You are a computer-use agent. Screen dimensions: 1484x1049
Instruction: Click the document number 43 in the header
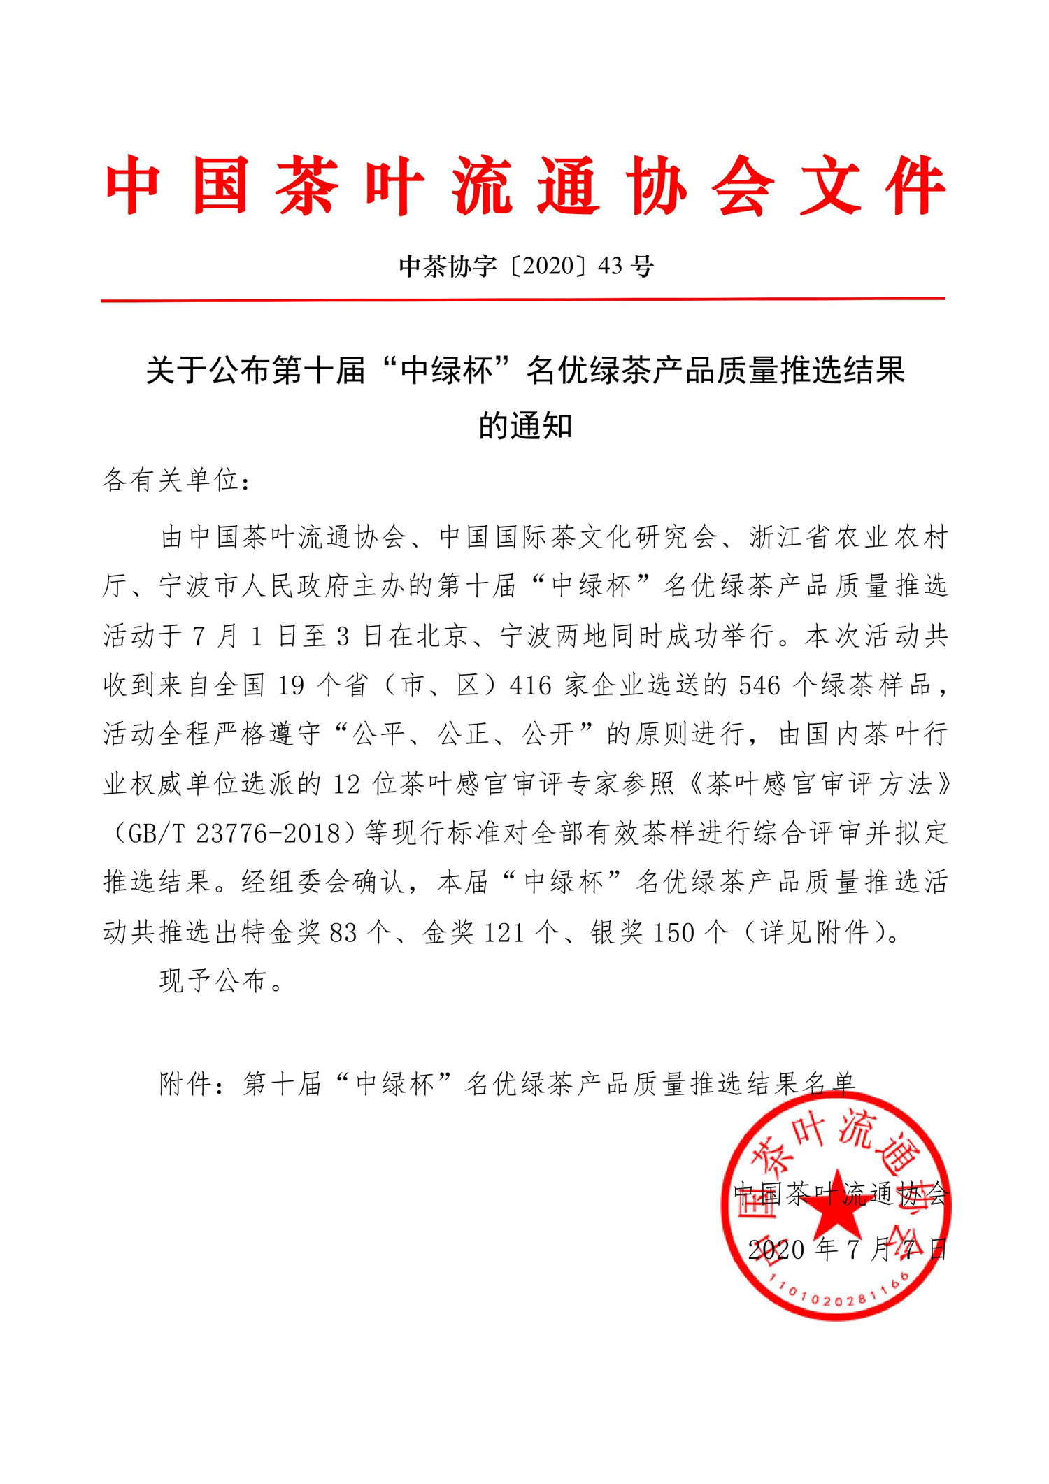tap(611, 266)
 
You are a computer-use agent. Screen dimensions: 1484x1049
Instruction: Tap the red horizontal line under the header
tap(523, 300)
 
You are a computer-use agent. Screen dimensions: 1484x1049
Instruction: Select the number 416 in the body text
tap(531, 686)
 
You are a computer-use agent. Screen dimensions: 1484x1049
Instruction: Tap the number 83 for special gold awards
tap(343, 933)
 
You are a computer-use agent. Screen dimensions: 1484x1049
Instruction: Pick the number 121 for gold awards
tap(504, 933)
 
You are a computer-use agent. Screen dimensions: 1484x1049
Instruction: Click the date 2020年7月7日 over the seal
tap(847, 1250)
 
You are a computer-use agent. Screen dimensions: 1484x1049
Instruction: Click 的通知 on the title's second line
tap(525, 426)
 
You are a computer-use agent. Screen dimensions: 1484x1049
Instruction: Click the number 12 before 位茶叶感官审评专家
tap(346, 785)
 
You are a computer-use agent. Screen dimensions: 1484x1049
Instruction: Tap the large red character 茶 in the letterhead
tap(307, 187)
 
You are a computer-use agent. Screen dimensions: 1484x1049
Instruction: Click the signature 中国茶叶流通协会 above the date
tap(842, 1194)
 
